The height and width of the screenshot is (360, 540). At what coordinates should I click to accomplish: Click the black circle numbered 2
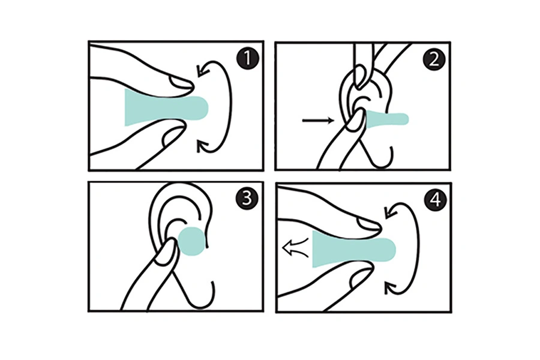click(434, 59)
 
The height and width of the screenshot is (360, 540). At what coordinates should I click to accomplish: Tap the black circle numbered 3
click(247, 199)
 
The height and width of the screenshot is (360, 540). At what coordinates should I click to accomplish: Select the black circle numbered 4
click(436, 200)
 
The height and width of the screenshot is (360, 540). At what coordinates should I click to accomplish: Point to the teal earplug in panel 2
click(386, 119)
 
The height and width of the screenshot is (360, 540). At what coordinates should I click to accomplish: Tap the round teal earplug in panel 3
click(192, 241)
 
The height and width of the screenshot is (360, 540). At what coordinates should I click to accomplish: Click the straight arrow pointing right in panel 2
click(318, 120)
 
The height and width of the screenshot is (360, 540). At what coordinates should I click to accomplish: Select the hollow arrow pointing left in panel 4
click(295, 247)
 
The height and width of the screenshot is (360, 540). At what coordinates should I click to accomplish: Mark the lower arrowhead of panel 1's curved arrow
click(202, 146)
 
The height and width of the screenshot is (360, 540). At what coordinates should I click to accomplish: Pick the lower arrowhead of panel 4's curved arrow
click(390, 288)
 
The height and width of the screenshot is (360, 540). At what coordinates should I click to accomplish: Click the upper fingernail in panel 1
click(181, 83)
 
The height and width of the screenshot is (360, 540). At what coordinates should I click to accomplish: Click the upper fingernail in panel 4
click(368, 224)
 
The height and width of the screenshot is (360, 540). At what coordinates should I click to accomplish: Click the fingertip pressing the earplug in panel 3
click(166, 251)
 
